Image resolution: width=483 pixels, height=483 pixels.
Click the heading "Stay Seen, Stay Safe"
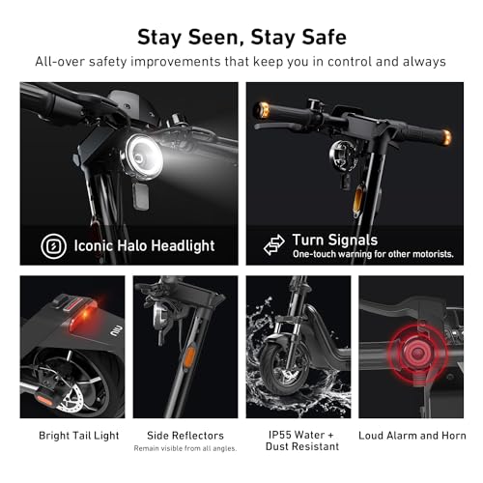pos(241,37)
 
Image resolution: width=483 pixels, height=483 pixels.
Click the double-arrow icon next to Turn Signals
pos(274,244)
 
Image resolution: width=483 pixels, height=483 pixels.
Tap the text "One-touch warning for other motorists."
pos(372,254)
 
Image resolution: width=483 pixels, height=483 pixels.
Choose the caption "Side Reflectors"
pos(185,436)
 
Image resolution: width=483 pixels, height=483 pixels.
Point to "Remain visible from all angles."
pos(185,449)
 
